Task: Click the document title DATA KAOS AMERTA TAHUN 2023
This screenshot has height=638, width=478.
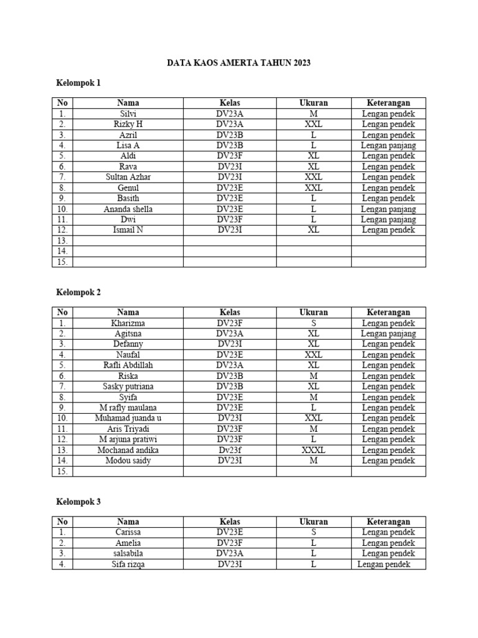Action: [x=239, y=63]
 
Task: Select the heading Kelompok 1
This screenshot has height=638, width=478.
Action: [x=78, y=83]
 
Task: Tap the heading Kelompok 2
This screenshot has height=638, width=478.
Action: [x=78, y=292]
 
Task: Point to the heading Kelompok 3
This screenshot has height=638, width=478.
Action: [x=78, y=502]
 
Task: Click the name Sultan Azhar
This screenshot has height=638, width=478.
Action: [x=128, y=177]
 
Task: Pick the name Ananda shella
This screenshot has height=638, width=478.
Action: [x=128, y=209]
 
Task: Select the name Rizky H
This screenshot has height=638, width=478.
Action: [x=128, y=124]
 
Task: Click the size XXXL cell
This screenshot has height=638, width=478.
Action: [x=313, y=450]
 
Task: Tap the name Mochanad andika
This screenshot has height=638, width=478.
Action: [x=128, y=450]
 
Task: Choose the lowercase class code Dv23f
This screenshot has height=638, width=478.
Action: [x=229, y=450]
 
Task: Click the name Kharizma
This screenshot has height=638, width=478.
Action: [x=128, y=323]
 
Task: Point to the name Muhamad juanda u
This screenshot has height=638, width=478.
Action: [x=128, y=418]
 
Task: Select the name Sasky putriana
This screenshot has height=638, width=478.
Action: [x=128, y=386]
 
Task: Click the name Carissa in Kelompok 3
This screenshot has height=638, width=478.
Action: [x=128, y=532]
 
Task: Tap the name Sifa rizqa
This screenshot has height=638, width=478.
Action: [x=128, y=564]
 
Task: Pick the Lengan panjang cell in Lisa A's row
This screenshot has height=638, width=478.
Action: [x=388, y=145]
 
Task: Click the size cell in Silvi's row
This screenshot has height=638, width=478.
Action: [x=313, y=113]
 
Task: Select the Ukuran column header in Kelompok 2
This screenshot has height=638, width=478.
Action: [x=313, y=312]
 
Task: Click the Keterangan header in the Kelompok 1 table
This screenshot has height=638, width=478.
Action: [x=388, y=103]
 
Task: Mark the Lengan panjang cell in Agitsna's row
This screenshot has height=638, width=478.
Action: [x=388, y=333]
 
